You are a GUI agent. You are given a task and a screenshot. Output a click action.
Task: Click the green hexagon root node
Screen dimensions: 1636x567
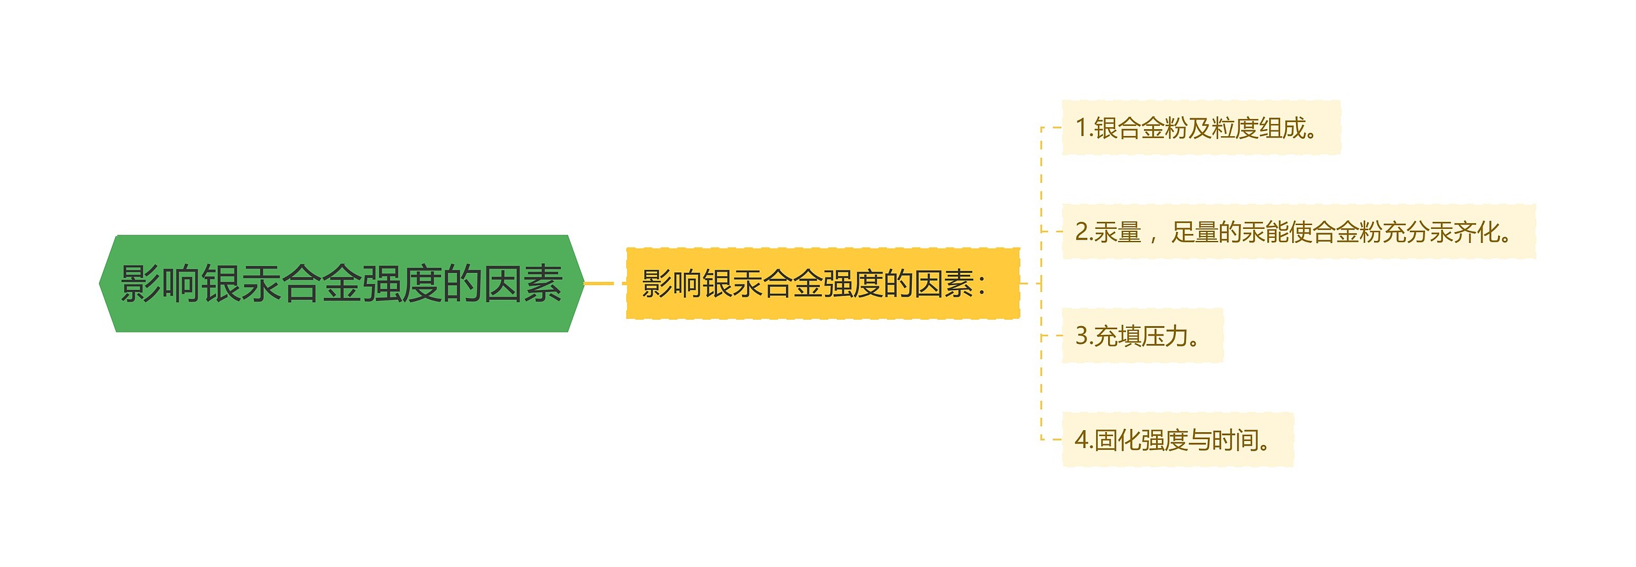click(341, 284)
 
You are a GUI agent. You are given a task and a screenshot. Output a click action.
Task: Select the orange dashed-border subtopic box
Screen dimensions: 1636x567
click(822, 284)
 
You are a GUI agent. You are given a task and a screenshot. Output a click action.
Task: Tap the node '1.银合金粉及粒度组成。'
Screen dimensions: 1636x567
click(1200, 128)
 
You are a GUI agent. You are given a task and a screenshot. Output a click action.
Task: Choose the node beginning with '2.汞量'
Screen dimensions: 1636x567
click(1297, 232)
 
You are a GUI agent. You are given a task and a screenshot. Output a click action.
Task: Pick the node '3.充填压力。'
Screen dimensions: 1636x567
click(1141, 336)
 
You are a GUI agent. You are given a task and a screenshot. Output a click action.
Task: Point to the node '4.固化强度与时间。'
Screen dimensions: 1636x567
click(1177, 440)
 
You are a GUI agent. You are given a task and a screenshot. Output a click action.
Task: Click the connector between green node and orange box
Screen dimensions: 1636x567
click(603, 283)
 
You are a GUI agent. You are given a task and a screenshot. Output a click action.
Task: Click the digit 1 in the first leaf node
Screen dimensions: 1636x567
click(1081, 128)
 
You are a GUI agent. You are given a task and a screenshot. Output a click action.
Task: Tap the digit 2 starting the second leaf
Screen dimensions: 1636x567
click(1081, 232)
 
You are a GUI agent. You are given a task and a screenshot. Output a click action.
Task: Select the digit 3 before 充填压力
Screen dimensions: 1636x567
click(1081, 336)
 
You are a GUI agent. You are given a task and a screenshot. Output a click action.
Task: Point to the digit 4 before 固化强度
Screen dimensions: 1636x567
click(1081, 440)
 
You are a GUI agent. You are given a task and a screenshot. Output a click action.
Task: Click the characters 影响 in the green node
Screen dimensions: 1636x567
click(160, 284)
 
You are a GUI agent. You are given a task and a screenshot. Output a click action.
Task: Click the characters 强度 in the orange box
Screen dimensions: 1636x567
click(853, 284)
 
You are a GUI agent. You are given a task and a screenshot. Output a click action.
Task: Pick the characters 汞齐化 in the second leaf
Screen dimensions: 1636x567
click(1465, 232)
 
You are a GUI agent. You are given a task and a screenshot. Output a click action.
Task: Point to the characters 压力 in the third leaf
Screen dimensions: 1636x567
click(1164, 336)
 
